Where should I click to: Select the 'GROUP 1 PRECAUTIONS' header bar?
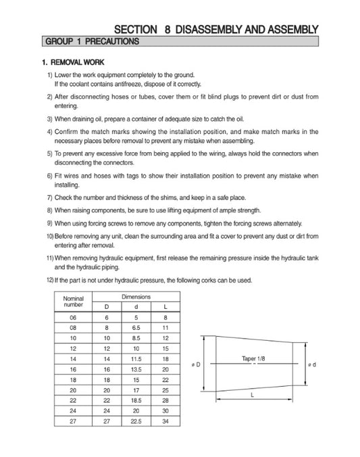click(92, 41)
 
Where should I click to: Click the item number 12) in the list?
click(50, 280)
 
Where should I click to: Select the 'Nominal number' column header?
click(73, 301)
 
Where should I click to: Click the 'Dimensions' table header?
click(136, 297)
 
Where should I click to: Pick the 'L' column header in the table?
click(165, 307)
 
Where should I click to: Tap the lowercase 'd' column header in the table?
click(136, 307)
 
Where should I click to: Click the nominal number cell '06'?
click(73, 317)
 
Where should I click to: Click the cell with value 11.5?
click(136, 358)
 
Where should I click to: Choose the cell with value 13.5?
click(136, 369)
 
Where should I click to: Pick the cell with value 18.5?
click(136, 400)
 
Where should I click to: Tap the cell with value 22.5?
click(136, 421)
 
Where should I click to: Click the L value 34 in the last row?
click(165, 421)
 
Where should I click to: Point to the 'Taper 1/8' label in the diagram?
click(253, 360)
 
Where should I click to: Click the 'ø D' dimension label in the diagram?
click(195, 365)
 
